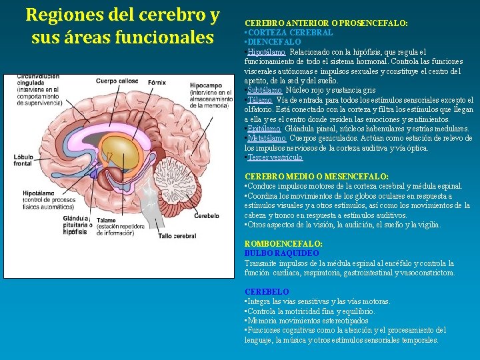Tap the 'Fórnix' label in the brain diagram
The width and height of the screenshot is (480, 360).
157,82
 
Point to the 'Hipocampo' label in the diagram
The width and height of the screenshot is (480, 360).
206,85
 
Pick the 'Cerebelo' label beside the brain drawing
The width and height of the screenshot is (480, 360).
207,215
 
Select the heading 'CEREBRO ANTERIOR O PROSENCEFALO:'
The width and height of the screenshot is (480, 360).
326,23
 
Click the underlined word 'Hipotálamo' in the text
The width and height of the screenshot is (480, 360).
266,51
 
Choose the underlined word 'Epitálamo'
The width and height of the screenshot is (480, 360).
264,129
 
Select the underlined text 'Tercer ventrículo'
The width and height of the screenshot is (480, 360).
275,157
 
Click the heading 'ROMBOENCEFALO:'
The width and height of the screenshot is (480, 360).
283,245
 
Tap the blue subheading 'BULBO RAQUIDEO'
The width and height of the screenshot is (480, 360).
281,254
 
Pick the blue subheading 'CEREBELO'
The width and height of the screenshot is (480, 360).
267,292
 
